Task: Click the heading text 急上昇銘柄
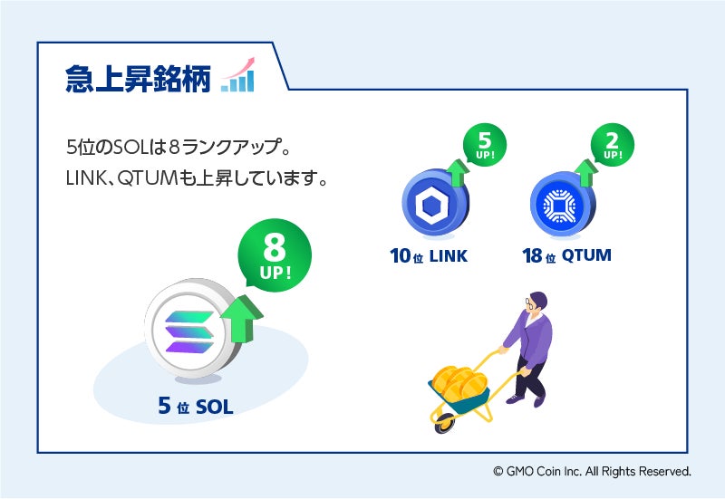[138, 79]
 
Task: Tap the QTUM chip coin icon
[557, 206]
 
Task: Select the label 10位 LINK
[429, 256]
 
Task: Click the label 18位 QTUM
[566, 256]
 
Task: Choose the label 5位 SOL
[195, 408]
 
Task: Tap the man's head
[537, 304]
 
